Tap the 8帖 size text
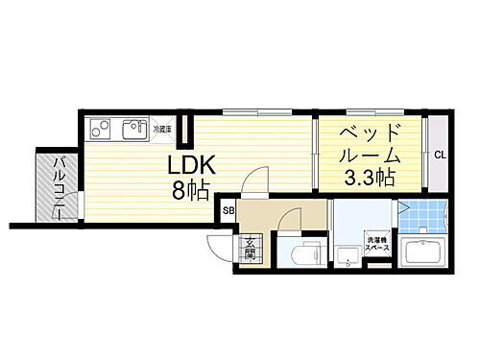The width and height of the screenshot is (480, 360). pyautogui.click(x=193, y=191)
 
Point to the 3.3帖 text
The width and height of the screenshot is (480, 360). pyautogui.click(x=370, y=177)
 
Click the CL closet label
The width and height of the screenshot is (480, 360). pyautogui.click(x=439, y=154)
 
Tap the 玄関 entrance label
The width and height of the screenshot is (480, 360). pyautogui.click(x=249, y=248)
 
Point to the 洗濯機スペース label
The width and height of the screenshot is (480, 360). pyautogui.click(x=376, y=245)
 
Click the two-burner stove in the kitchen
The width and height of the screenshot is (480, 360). pyautogui.click(x=101, y=128)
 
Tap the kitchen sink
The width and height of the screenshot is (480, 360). pyautogui.click(x=132, y=128)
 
